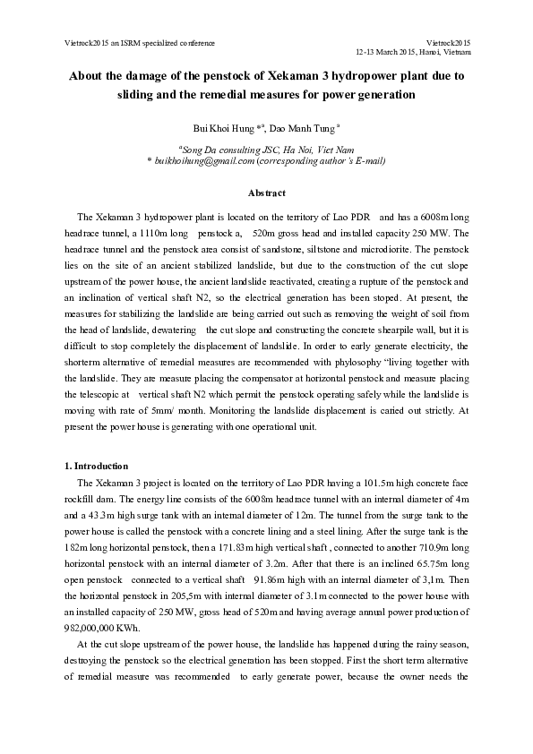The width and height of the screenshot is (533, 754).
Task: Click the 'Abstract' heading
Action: click(x=266, y=193)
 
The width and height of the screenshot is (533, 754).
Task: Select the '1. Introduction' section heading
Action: click(x=97, y=467)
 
